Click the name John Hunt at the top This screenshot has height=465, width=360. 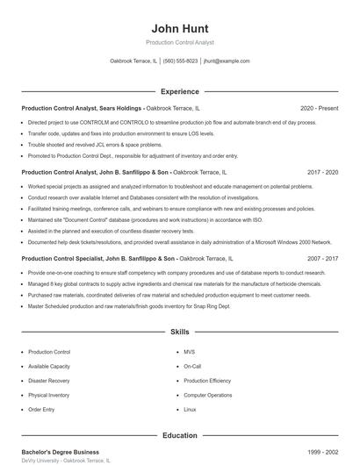179,27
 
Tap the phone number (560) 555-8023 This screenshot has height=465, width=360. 180,61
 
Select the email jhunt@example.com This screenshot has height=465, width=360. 227,61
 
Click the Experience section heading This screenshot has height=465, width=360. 179,91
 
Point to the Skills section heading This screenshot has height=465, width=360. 179,333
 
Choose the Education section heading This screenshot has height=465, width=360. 179,435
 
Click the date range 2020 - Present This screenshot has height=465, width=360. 319,108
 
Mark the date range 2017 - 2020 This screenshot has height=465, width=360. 319,173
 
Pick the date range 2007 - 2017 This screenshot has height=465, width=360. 319,260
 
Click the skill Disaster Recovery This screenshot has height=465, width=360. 49,381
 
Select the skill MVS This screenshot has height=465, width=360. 189,352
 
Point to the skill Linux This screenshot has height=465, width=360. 190,410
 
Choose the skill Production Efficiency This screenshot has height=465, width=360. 207,381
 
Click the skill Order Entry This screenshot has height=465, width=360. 41,410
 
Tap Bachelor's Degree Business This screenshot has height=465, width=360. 61,451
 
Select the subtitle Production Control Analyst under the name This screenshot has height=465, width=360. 179,42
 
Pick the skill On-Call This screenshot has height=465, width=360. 192,366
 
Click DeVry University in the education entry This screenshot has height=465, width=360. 40,461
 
